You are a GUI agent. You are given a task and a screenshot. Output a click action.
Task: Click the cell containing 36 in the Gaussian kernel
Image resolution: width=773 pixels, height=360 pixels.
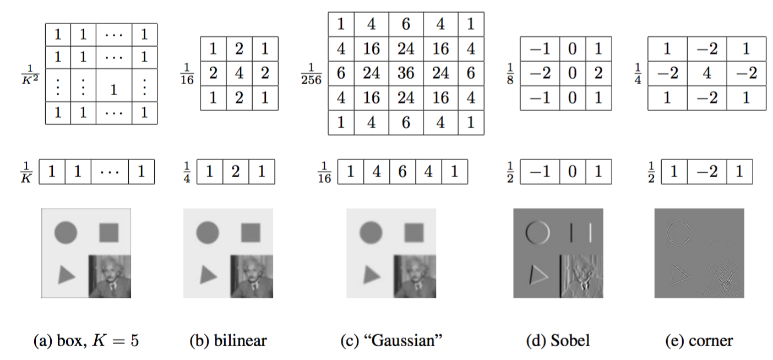click(x=406, y=73)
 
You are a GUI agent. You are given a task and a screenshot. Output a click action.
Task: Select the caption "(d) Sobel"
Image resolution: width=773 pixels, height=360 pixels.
click(x=558, y=341)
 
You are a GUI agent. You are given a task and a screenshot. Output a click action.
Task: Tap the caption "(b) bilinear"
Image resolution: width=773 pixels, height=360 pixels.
click(x=228, y=341)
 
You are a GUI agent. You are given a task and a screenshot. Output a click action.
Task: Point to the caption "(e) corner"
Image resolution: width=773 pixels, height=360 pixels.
click(x=699, y=341)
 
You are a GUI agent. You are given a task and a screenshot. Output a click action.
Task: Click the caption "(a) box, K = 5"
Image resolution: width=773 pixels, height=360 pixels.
click(x=87, y=341)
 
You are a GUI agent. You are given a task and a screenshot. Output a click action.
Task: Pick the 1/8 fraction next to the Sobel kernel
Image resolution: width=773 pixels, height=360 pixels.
click(x=510, y=74)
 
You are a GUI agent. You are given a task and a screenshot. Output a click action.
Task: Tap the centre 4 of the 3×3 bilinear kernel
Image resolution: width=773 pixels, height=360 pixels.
click(x=239, y=74)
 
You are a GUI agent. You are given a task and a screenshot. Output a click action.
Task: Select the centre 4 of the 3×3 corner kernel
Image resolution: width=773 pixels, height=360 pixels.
click(x=706, y=74)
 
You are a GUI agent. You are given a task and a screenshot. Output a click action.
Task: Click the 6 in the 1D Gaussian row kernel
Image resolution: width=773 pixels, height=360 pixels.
click(x=402, y=172)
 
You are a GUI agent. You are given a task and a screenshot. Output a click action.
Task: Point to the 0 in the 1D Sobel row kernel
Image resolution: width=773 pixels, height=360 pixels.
click(x=573, y=172)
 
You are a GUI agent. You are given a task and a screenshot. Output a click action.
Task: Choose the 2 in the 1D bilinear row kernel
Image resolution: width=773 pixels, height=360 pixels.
click(x=235, y=172)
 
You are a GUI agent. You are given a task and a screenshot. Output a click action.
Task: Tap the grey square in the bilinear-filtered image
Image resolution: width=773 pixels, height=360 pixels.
click(x=251, y=233)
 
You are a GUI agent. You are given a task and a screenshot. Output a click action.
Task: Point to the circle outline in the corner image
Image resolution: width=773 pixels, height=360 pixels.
click(x=678, y=233)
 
